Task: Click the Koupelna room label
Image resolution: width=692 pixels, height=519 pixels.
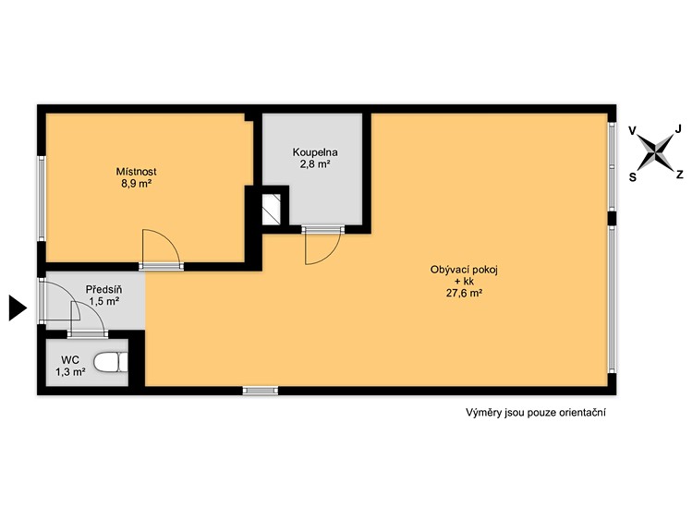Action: click(315, 152)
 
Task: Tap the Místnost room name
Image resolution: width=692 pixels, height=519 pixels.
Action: click(136, 172)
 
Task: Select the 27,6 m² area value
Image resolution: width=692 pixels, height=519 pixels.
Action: click(464, 293)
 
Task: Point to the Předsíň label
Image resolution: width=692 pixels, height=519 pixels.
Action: click(103, 290)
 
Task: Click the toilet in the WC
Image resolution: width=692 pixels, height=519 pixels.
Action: click(111, 362)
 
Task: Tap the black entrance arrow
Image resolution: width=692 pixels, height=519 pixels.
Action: click(18, 308)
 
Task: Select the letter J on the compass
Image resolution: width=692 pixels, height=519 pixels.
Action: click(678, 128)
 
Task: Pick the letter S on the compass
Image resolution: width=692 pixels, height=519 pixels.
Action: click(633, 176)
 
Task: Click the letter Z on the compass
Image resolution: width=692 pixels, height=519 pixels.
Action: click(680, 175)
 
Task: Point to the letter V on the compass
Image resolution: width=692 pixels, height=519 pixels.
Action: click(633, 131)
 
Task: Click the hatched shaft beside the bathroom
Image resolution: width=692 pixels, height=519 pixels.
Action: click(272, 209)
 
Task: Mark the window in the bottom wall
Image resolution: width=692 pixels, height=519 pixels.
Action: click(261, 391)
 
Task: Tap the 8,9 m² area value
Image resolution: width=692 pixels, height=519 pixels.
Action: click(137, 184)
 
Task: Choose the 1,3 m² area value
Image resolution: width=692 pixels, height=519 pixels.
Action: click(70, 372)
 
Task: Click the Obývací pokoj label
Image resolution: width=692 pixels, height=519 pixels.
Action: click(464, 270)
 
